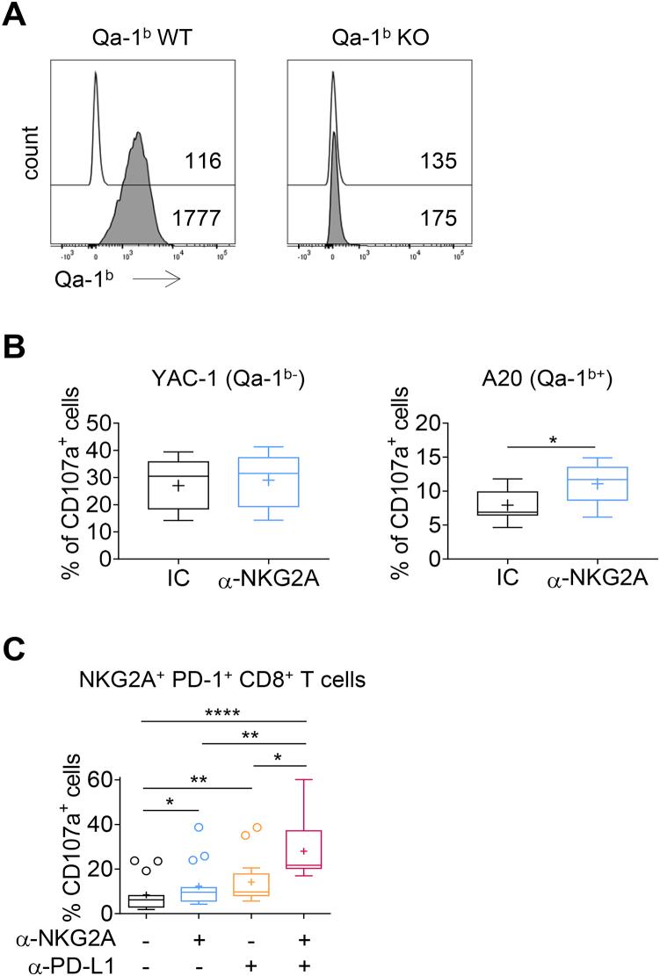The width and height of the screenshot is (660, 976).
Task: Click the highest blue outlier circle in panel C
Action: [x=199, y=827]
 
